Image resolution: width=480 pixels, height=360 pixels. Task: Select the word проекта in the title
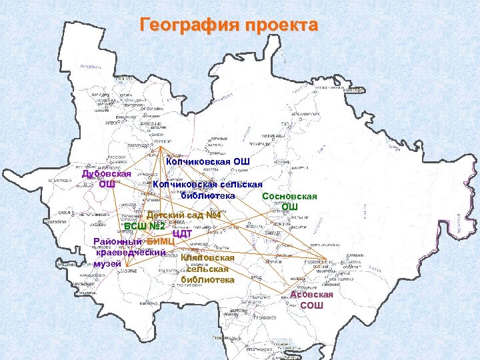[281, 26]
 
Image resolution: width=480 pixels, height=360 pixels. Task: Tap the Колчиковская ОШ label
[207, 161]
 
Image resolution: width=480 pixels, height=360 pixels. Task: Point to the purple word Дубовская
[106, 174]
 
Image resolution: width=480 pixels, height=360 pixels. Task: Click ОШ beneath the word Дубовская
[107, 184]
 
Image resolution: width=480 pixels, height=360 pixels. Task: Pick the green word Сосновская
[289, 197]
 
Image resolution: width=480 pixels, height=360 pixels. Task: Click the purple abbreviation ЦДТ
[182, 233]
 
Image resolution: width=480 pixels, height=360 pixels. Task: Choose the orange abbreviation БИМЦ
[161, 241]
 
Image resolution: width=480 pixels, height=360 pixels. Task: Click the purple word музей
[107, 264]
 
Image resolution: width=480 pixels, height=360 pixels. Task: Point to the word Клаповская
[207, 257]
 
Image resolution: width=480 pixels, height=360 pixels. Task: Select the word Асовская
[311, 295]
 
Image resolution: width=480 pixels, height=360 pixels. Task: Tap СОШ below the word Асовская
[311, 305]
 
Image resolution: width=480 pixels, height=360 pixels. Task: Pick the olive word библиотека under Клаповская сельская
[207, 280]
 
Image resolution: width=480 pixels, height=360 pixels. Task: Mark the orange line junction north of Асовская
[324, 260]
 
